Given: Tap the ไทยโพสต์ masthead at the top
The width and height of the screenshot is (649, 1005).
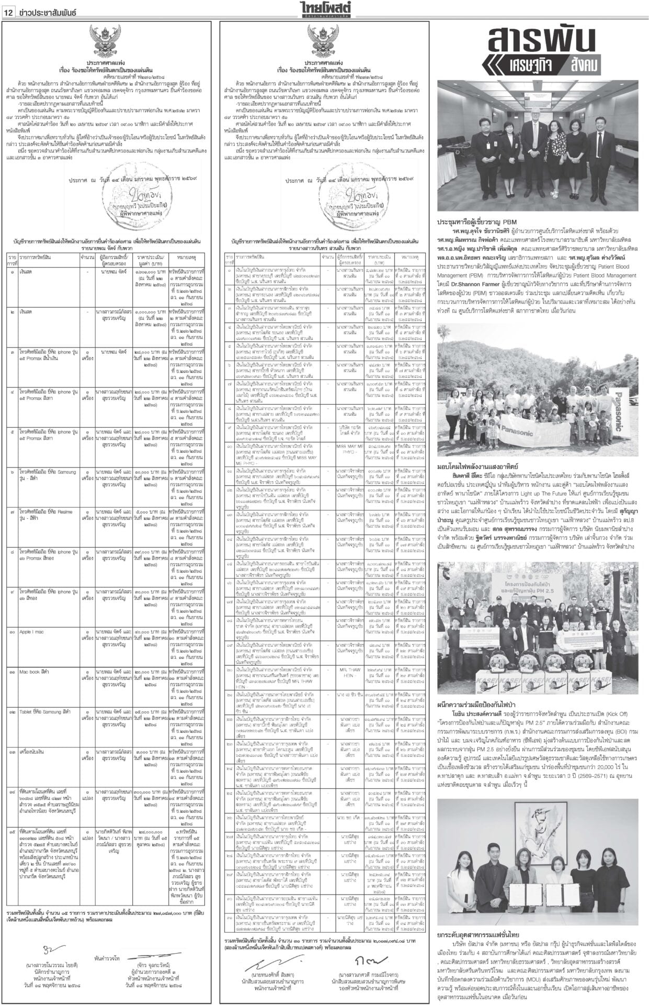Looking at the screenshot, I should pos(324,9).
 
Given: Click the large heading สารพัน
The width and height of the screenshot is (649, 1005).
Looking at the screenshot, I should pos(541,40).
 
